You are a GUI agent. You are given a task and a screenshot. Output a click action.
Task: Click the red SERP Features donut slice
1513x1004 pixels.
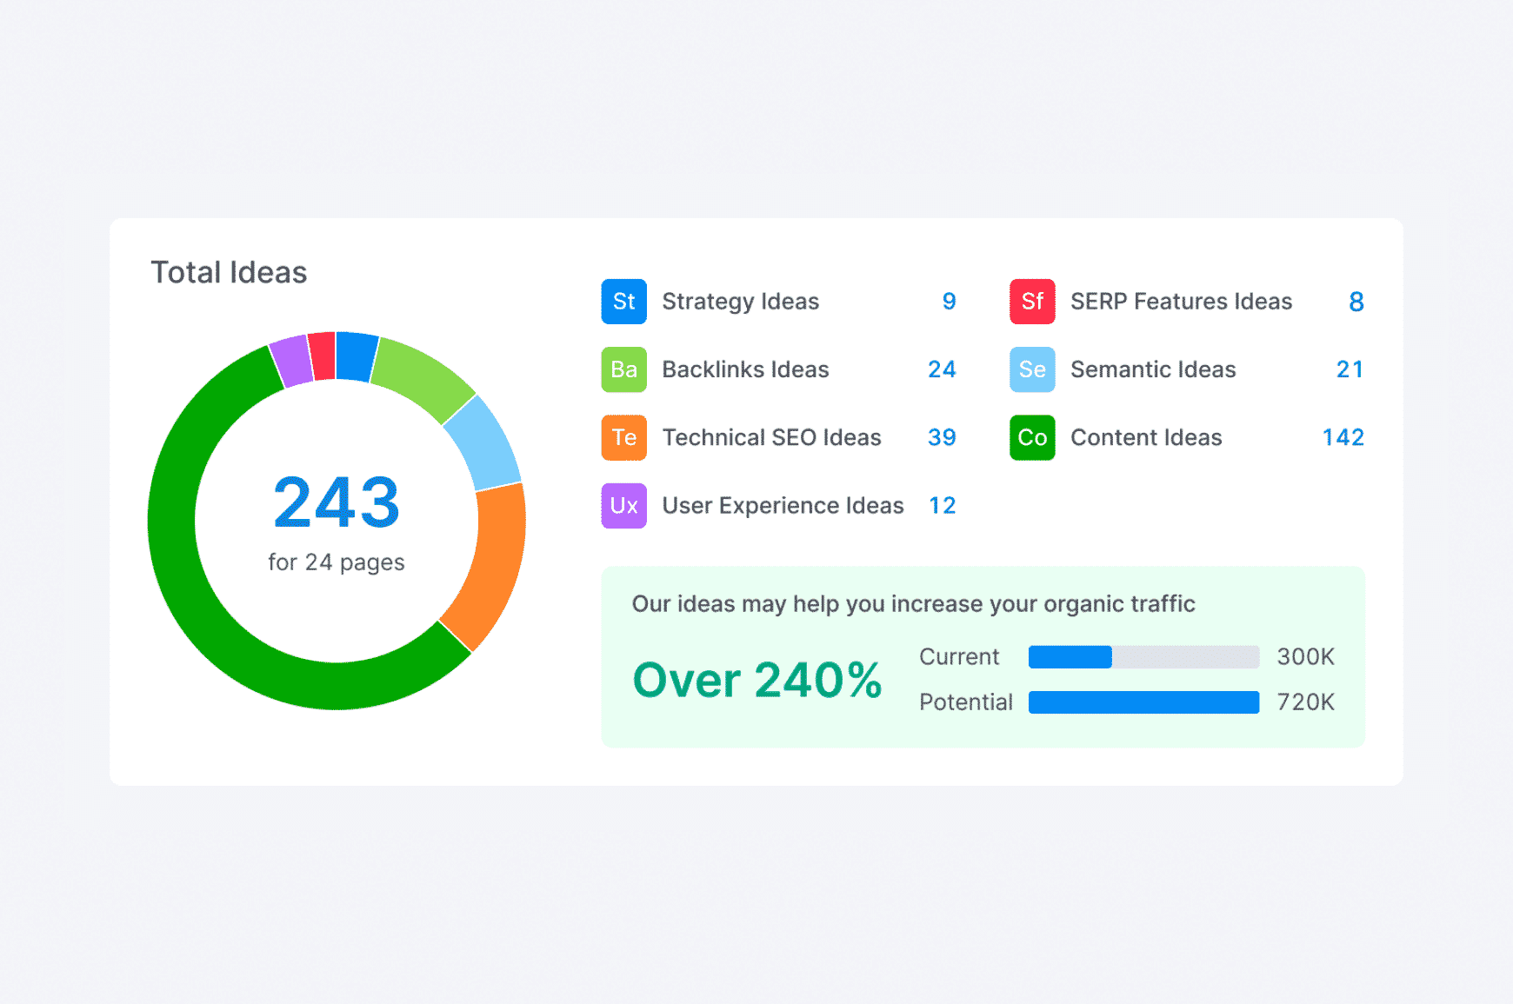pos(322,356)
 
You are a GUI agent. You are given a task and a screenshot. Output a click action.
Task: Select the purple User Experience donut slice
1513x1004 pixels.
pos(291,362)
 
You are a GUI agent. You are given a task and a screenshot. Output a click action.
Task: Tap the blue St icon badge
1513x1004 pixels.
pos(623,302)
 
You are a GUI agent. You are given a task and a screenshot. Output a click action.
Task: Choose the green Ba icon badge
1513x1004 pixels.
pos(623,369)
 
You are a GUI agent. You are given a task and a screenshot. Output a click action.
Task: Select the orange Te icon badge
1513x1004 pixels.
pos(623,437)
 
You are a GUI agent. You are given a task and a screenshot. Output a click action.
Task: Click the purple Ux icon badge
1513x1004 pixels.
pos(623,506)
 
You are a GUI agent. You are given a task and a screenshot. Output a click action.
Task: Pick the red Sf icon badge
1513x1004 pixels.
pos(1032,302)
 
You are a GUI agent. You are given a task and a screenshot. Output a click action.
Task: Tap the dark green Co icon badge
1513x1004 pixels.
pos(1032,437)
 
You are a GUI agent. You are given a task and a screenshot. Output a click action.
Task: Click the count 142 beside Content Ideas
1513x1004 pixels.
pos(1343,437)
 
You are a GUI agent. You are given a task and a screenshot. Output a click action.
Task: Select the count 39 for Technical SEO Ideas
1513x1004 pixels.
pos(942,437)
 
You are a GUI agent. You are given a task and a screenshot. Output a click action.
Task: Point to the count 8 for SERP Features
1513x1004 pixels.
pos(1356,302)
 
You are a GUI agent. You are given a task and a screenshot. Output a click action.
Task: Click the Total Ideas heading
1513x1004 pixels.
pos(229,273)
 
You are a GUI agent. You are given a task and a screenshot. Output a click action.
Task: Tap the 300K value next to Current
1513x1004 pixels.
pos(1305,657)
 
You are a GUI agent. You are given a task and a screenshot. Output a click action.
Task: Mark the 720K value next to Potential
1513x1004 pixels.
pos(1305,702)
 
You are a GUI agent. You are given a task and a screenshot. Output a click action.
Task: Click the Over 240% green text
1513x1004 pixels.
pos(757,680)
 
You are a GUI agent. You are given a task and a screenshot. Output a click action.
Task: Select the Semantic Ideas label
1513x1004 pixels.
pos(1153,369)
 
